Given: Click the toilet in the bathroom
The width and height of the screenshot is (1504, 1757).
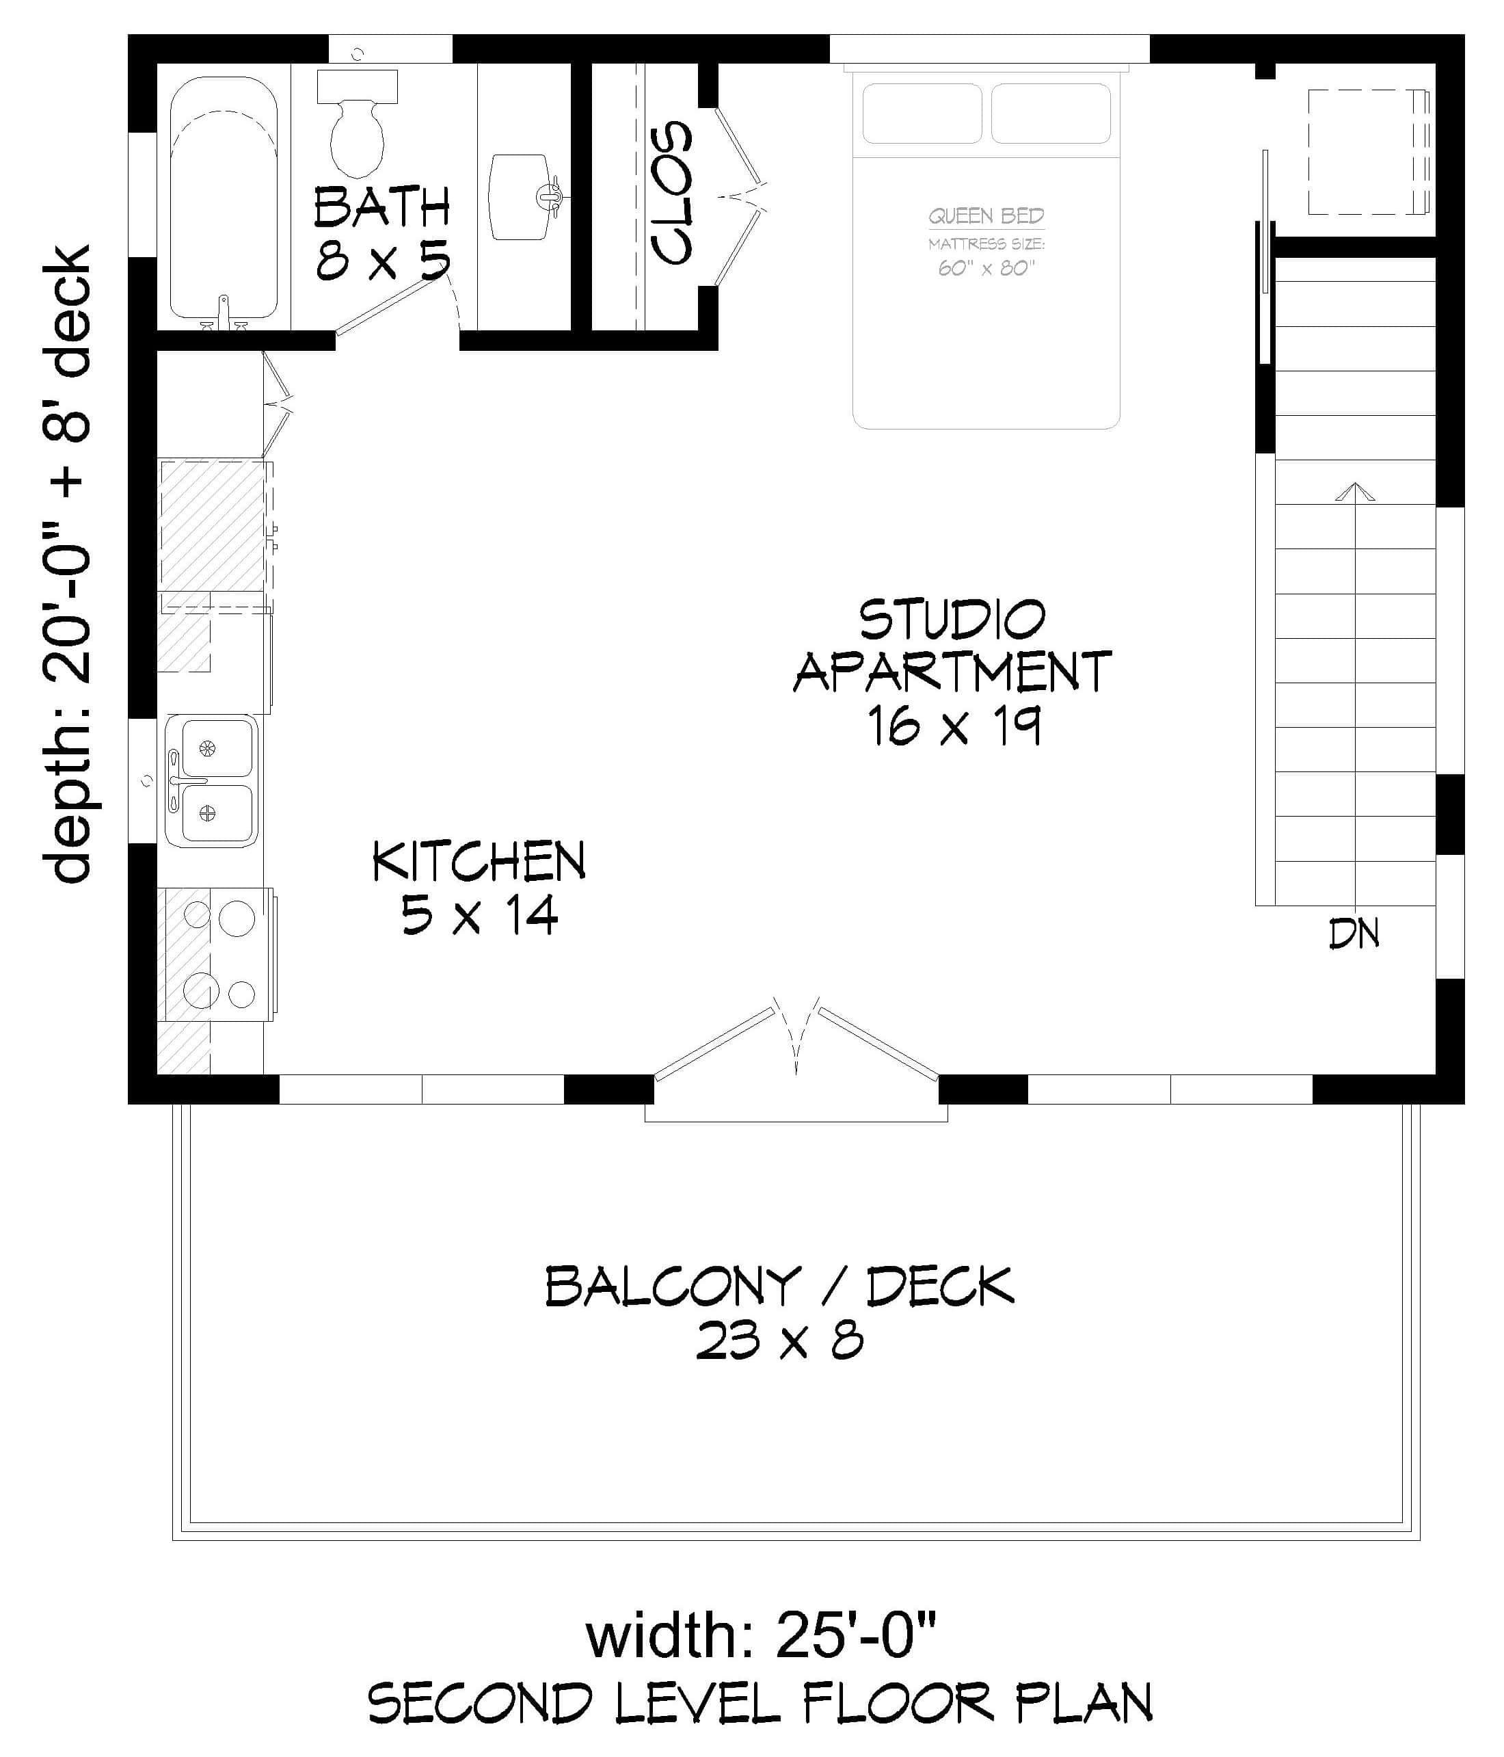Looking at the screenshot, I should [x=357, y=127].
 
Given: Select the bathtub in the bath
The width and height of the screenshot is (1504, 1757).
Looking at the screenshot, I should [x=224, y=199].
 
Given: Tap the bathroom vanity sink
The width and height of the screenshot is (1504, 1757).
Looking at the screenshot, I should [x=520, y=197].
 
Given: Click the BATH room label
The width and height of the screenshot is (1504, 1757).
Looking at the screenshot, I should [x=381, y=208].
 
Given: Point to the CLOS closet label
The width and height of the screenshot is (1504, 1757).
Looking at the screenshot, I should [x=671, y=194].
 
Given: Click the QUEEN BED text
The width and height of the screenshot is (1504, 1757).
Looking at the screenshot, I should [x=986, y=216].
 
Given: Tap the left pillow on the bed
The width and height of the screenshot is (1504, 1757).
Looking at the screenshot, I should [x=922, y=113].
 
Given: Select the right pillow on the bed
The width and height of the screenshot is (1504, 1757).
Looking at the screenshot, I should [x=1051, y=113].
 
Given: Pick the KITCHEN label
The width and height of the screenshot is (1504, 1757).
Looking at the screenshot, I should [x=479, y=862].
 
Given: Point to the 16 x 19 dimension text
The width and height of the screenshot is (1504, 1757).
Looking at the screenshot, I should [x=954, y=727].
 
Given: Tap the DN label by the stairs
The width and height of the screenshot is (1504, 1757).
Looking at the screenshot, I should [x=1354, y=934].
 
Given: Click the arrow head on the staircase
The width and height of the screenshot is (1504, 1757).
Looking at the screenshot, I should [x=1355, y=492].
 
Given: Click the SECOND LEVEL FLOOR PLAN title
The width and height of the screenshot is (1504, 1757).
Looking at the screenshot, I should [x=760, y=1702].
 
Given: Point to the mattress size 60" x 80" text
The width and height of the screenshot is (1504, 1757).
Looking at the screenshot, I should [x=986, y=268].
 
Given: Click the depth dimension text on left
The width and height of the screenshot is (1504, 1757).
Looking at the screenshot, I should [x=68, y=564].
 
